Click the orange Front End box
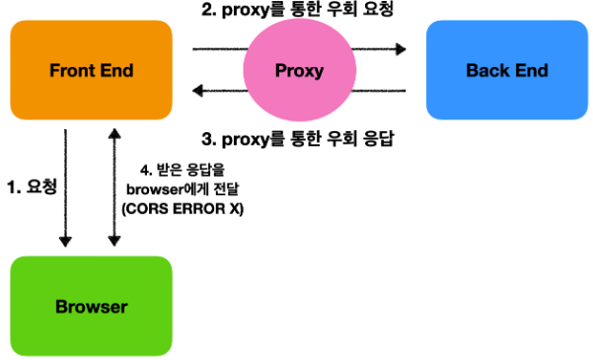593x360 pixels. click(x=91, y=71)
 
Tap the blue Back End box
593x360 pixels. click(x=506, y=71)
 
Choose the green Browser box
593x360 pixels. click(x=91, y=306)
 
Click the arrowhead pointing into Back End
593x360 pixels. click(x=401, y=47)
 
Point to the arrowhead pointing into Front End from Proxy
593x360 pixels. click(x=197, y=92)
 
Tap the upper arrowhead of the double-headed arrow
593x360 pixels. click(x=115, y=132)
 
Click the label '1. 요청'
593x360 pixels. click(x=31, y=184)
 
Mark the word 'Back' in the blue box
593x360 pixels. click(x=486, y=71)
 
